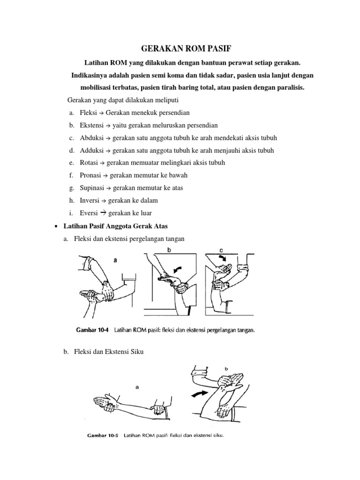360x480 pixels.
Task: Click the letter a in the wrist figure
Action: pyautogui.click(x=114, y=258)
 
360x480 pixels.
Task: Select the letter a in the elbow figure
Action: pyautogui.click(x=137, y=387)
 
